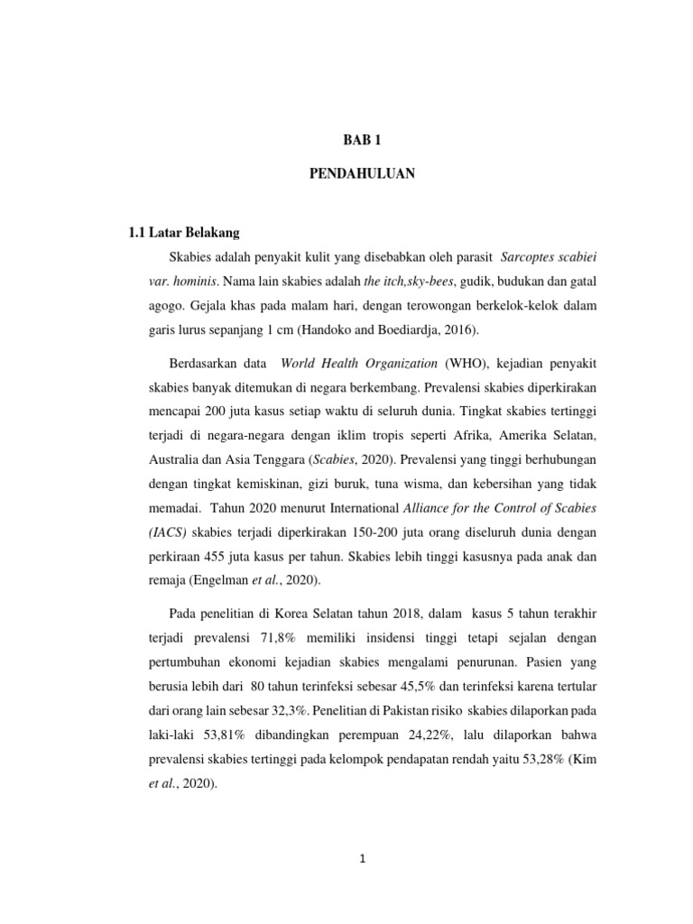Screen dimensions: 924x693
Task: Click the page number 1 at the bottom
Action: (362, 859)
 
